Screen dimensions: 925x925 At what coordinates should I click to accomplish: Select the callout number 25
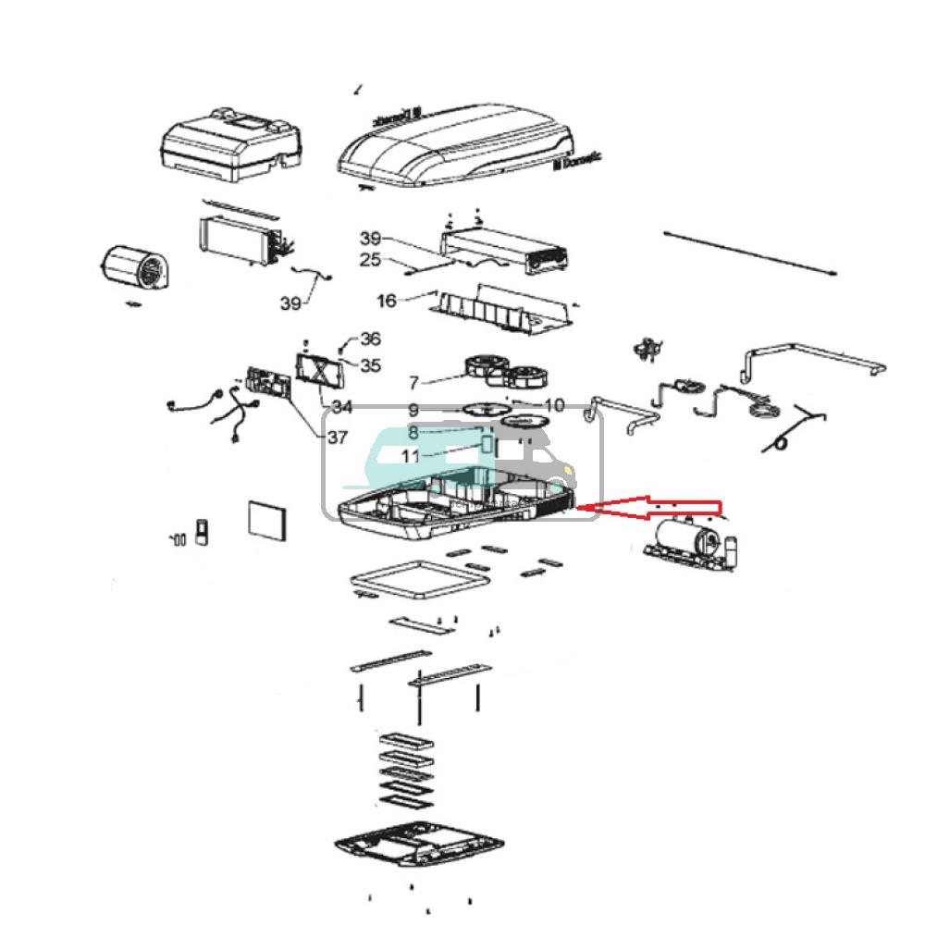click(370, 261)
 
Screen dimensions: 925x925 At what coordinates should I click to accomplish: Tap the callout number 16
click(387, 301)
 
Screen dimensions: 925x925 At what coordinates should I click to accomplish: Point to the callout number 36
click(370, 339)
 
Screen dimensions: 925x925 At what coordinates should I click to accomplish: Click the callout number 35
click(370, 365)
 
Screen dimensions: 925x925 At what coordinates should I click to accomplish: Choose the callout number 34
click(342, 407)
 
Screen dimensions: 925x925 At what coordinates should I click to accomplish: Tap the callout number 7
click(413, 382)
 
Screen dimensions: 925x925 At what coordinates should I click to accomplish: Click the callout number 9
click(413, 410)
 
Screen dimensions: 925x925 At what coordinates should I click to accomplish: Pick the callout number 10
click(554, 405)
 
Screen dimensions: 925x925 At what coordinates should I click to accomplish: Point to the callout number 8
click(413, 432)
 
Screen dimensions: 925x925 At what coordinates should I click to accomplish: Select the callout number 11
click(411, 456)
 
